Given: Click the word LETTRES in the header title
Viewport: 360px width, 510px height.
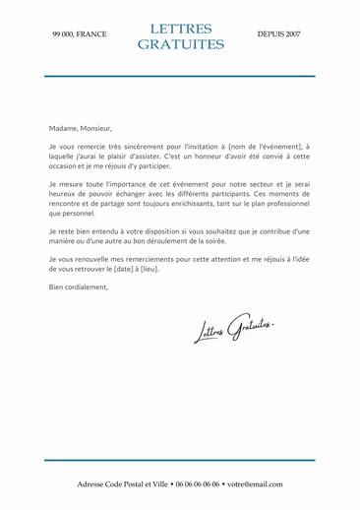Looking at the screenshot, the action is [180, 30].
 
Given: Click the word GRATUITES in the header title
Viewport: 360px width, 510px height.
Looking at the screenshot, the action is [180, 44].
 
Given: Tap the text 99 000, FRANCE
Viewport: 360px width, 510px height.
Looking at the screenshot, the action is [80, 34].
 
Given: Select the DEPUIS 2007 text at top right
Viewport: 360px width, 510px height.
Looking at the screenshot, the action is [279, 34].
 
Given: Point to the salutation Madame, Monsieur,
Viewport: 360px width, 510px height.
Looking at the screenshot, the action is [81, 127].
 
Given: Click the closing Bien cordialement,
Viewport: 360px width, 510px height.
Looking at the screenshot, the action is [79, 287].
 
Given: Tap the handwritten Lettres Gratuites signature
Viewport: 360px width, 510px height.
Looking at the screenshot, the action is [233, 329].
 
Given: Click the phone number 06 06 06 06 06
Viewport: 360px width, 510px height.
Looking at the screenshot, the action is [198, 484].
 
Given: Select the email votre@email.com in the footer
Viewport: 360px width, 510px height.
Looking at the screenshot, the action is [254, 484].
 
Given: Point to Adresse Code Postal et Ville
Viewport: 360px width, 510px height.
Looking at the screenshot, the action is [123, 484].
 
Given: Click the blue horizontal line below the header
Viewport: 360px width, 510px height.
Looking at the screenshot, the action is [180, 76].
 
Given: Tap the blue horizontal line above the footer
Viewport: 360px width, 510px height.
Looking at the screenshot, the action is [180, 460].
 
